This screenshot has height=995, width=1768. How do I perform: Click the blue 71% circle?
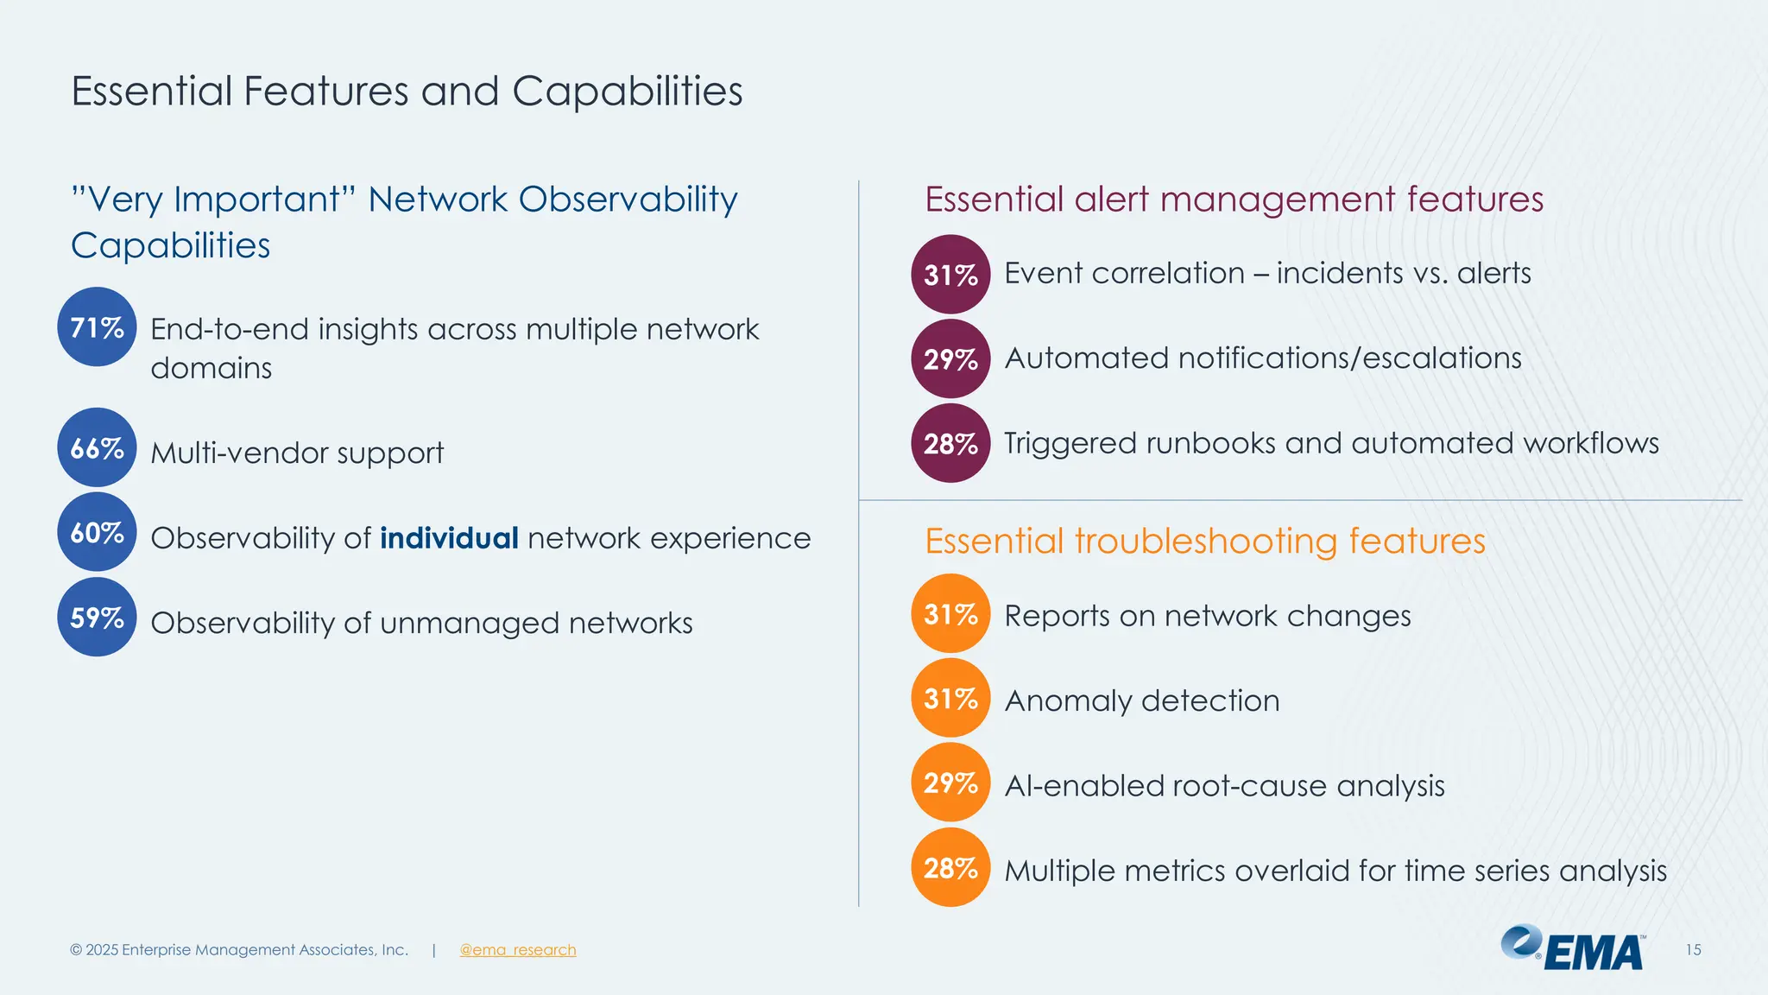click(x=97, y=326)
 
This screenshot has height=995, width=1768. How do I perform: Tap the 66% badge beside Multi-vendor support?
click(x=97, y=447)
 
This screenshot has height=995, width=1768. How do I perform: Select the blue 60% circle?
click(x=97, y=532)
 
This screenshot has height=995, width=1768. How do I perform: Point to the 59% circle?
click(x=97, y=617)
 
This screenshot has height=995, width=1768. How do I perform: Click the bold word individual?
click(x=449, y=538)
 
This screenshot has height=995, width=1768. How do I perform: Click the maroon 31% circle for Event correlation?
click(x=950, y=274)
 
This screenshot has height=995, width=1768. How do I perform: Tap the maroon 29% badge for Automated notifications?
click(x=950, y=358)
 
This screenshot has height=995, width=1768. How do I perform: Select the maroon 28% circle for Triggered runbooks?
click(x=950, y=443)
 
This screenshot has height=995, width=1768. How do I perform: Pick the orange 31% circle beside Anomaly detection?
click(x=950, y=698)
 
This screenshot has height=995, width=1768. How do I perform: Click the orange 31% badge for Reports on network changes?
click(x=950, y=613)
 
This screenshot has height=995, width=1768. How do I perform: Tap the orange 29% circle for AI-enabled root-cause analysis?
click(x=950, y=783)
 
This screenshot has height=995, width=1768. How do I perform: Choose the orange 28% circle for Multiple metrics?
click(x=950, y=867)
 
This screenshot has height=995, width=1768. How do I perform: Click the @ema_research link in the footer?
click(x=517, y=950)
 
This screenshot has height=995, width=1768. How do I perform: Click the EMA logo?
click(x=1573, y=948)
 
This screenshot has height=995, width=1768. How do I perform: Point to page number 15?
click(x=1693, y=950)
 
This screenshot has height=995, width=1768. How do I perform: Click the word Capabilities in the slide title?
click(x=627, y=92)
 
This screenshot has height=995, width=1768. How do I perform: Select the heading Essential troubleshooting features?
click(x=1204, y=542)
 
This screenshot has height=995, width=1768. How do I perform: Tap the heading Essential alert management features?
click(x=1234, y=200)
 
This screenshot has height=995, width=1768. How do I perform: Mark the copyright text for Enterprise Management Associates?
click(x=239, y=950)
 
